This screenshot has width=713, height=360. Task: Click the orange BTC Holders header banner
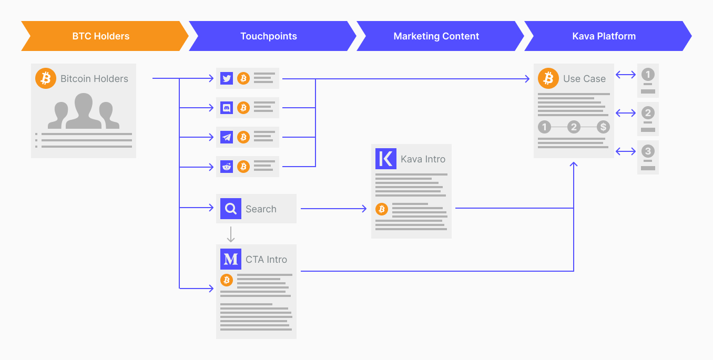coord(101,36)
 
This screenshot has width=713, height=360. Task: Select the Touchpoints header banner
coord(269,36)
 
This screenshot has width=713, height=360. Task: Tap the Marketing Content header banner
coord(436,36)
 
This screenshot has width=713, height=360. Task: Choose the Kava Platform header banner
coord(604,36)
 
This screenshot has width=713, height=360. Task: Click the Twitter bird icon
coord(227,78)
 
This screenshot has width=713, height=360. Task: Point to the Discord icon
coord(227,108)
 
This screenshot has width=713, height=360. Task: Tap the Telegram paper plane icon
coord(227,137)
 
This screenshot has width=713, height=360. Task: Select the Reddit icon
coord(227,167)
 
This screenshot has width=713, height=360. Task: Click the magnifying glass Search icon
coord(231,209)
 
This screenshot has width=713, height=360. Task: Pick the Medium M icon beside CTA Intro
coord(231,259)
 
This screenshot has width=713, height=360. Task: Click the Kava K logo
coord(386,159)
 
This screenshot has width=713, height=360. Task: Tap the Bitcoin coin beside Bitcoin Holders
coord(46,78)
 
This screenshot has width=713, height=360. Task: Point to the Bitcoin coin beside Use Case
coord(548,78)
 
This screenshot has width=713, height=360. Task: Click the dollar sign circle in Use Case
coord(603,127)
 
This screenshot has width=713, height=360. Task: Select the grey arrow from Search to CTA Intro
coord(231,234)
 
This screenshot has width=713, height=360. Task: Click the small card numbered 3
coord(648,157)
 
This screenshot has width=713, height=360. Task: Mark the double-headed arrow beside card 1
coord(626,75)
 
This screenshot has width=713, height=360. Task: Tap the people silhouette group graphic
coord(84,111)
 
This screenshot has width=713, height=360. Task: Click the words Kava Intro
coord(423,159)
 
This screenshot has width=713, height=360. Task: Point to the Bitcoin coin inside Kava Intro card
coord(382,209)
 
